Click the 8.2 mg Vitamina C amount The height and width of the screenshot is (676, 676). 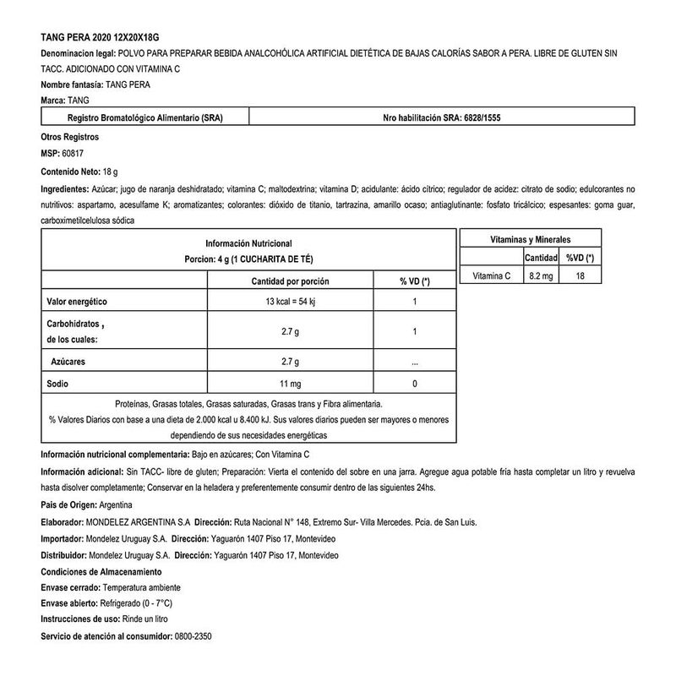[541, 276]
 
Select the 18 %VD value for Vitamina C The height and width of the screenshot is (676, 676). [580, 276]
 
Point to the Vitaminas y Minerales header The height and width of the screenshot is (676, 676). [531, 240]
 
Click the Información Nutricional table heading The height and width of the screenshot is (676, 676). [248, 242]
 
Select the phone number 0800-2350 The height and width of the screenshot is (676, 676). [193, 636]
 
